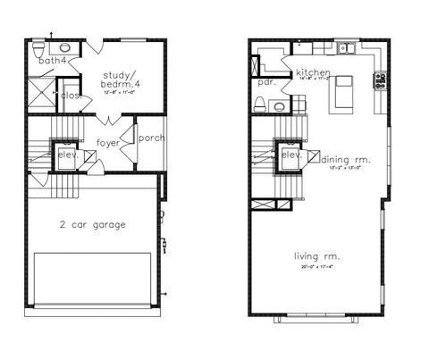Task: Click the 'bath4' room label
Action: point(53,60)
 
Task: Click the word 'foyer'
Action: point(108,142)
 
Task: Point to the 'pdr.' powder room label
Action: point(265,82)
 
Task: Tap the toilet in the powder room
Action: point(261,105)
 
